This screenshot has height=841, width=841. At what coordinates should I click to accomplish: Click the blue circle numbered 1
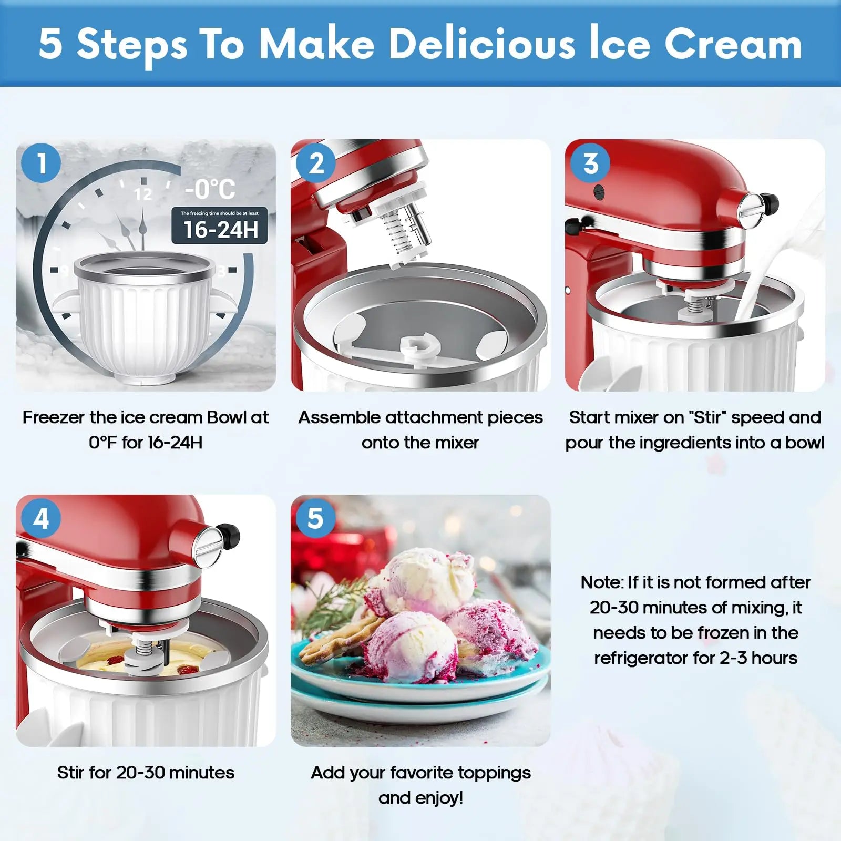click(x=42, y=162)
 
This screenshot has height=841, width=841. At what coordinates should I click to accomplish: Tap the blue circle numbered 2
click(x=316, y=162)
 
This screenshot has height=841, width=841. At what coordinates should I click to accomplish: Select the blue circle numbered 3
click(x=591, y=162)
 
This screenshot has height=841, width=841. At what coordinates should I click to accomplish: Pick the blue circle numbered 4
click(x=42, y=518)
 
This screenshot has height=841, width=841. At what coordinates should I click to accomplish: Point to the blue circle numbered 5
click(x=316, y=518)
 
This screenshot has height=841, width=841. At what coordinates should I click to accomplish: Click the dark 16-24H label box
click(x=220, y=225)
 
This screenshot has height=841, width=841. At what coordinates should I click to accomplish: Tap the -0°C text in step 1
click(x=210, y=189)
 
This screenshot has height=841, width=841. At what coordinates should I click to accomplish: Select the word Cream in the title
click(x=733, y=44)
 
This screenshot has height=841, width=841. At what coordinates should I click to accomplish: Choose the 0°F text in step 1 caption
click(x=102, y=443)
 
